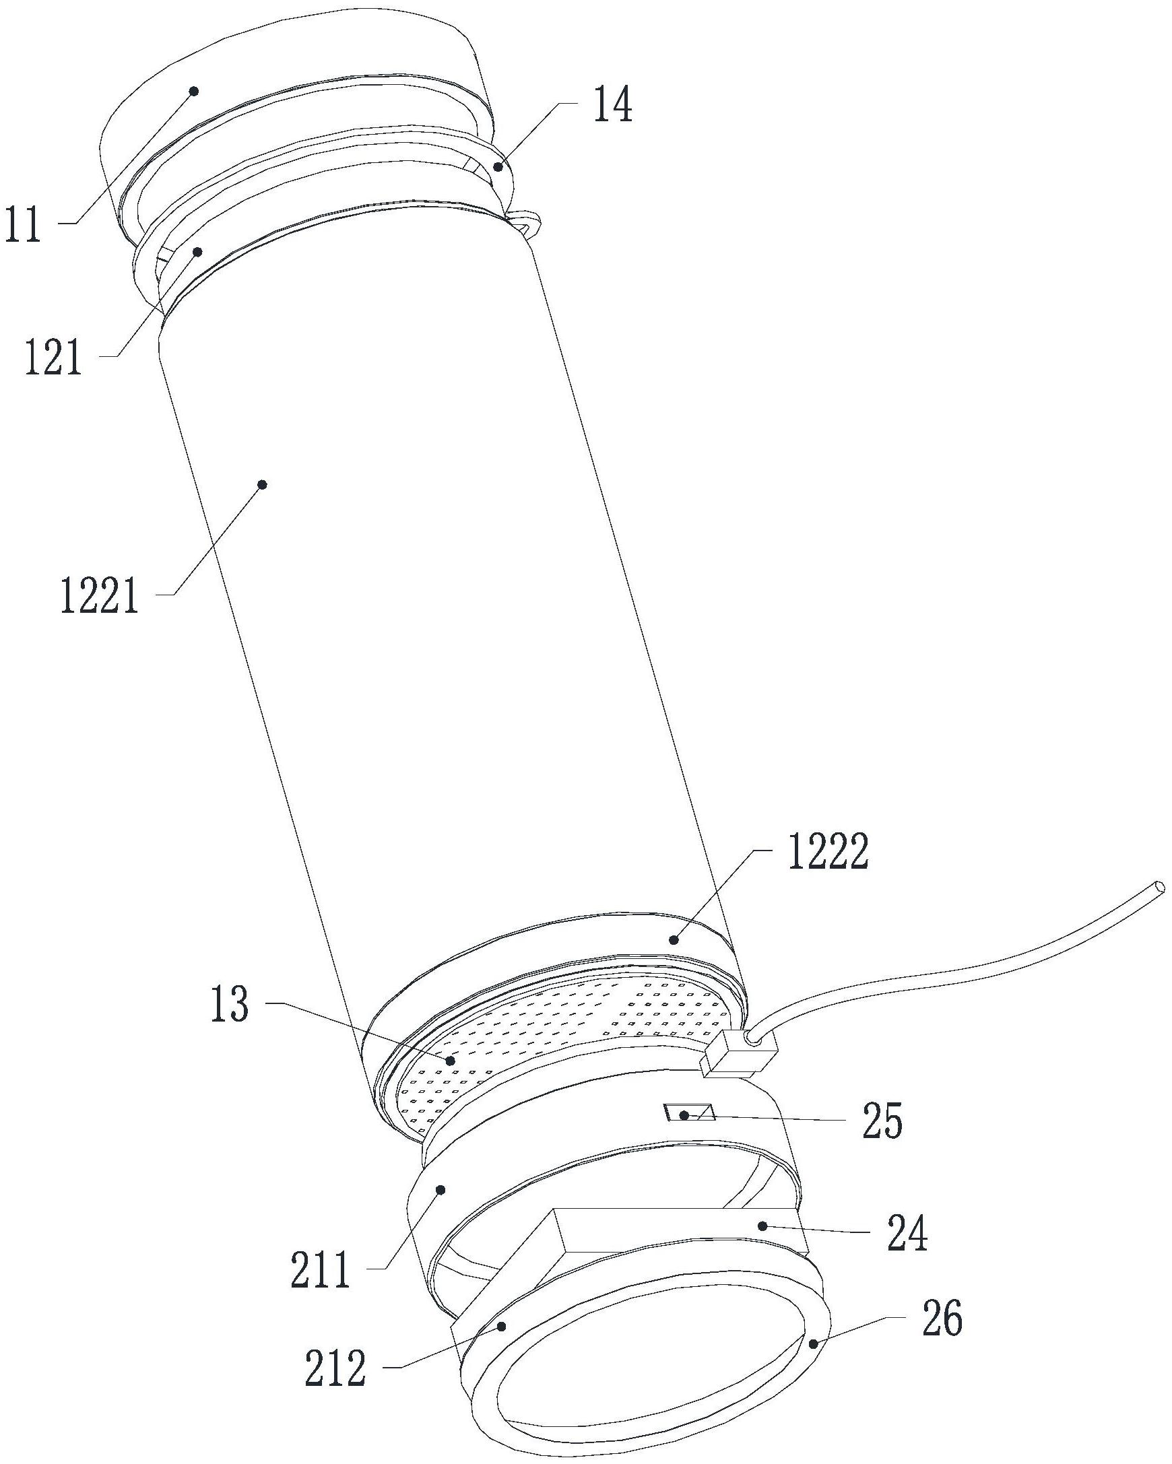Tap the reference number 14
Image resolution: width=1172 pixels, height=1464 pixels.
[613, 105]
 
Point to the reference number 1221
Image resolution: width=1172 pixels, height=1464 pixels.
[100, 595]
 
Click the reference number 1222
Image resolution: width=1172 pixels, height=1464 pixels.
[828, 851]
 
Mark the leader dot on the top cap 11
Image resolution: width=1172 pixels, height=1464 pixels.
[193, 90]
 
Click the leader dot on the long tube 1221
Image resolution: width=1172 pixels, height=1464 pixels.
[263, 484]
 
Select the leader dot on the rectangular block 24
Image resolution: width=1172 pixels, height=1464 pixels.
[762, 1226]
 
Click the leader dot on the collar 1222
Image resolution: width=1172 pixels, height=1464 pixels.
[674, 940]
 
